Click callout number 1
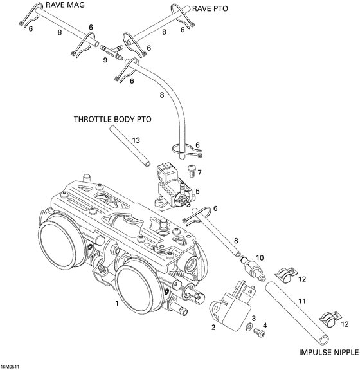[x=116, y=302]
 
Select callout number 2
[x=213, y=327]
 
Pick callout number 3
[x=254, y=319]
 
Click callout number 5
[x=198, y=191]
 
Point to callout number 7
[x=200, y=172]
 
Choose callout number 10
[x=260, y=257]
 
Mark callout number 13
[x=136, y=140]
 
